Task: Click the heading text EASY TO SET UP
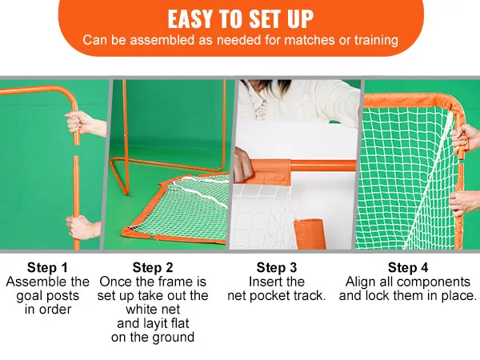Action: click(240, 19)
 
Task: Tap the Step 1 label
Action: click(47, 267)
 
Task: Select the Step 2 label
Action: click(153, 267)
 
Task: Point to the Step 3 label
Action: click(277, 267)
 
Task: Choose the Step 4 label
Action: click(408, 267)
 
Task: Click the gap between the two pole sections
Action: click(76, 150)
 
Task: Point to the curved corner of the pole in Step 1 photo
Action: click(69, 93)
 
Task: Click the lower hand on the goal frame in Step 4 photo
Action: click(465, 202)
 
